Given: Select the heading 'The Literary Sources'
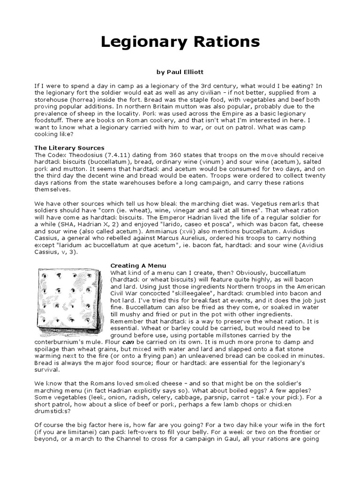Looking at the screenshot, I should coord(69,148).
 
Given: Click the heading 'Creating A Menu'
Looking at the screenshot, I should coord(138,266).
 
